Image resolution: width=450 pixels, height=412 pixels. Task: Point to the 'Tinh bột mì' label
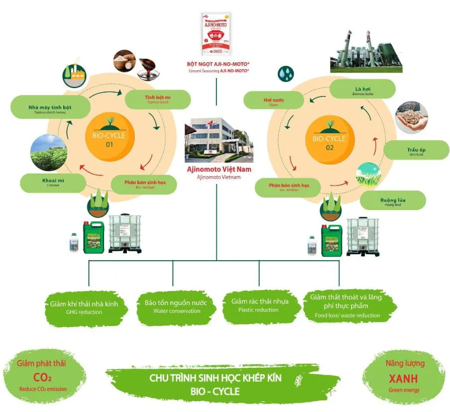pyautogui.click(x=158, y=100)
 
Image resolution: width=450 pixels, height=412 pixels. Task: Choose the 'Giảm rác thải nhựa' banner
pyautogui.click(x=259, y=305)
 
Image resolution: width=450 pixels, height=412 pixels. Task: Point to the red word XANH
pyautogui.click(x=404, y=378)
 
